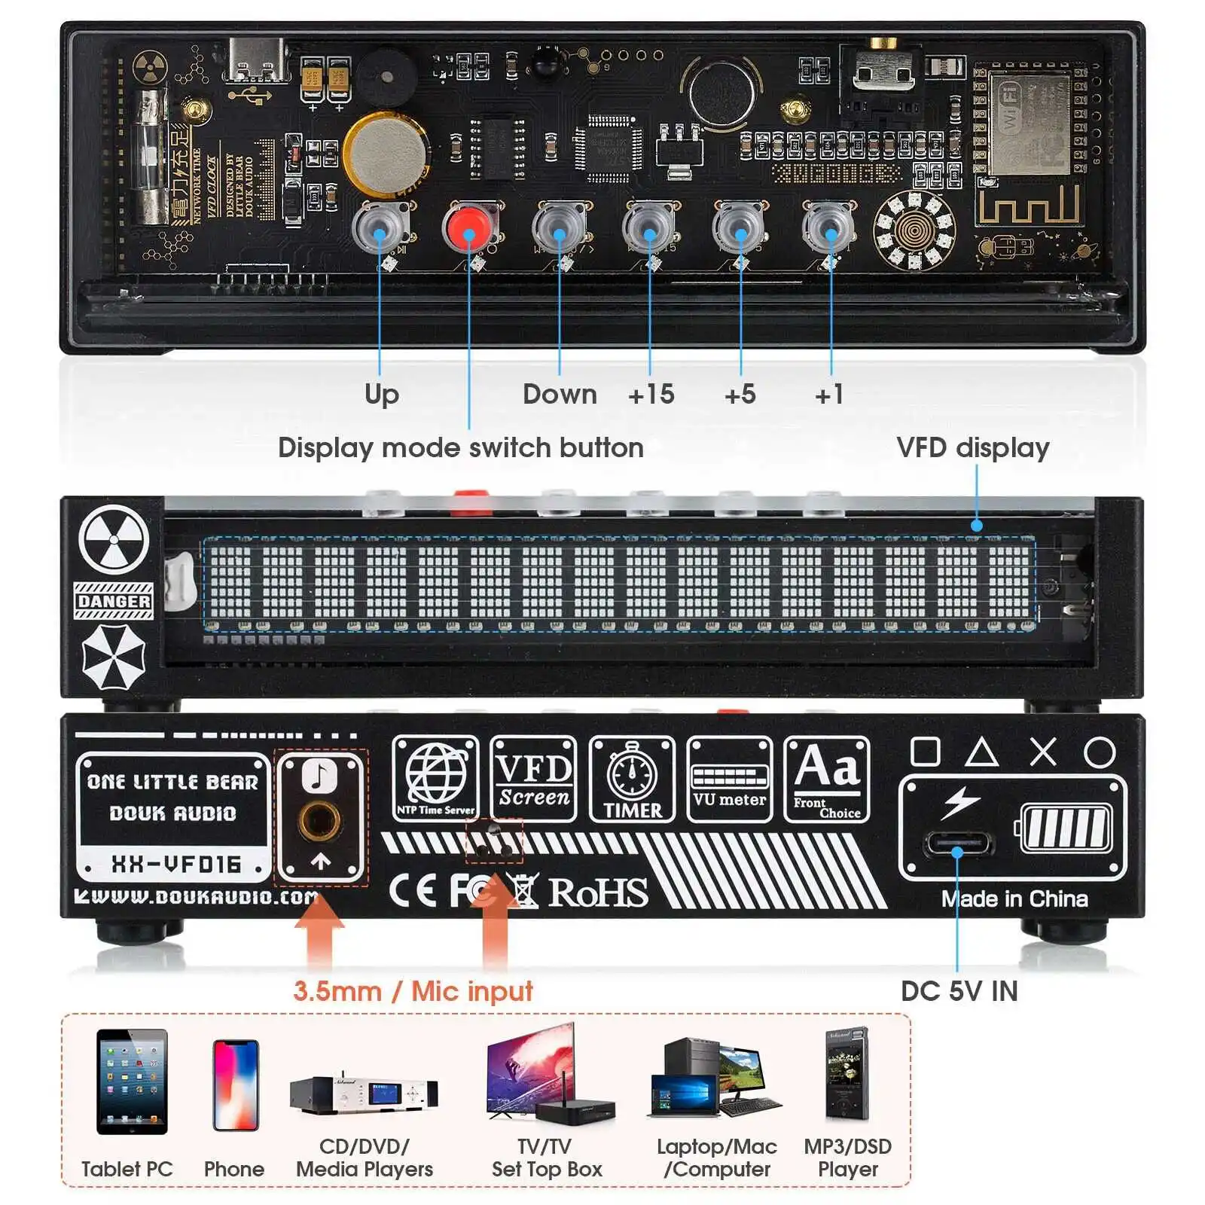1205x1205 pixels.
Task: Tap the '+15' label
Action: [651, 394]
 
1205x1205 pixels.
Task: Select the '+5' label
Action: [740, 394]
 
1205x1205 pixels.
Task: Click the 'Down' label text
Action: [560, 394]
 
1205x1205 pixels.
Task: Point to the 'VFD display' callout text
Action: [972, 447]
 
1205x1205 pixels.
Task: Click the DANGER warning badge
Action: [114, 601]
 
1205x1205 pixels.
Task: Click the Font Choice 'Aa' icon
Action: [827, 779]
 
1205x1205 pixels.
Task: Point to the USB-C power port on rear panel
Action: [957, 843]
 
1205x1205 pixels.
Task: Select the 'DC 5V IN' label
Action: [959, 991]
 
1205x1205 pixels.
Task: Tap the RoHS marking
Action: [597, 892]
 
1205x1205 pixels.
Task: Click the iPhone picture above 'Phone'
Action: [236, 1084]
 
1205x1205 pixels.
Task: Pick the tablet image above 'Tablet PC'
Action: [132, 1081]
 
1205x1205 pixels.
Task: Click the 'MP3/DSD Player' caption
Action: [847, 1158]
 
